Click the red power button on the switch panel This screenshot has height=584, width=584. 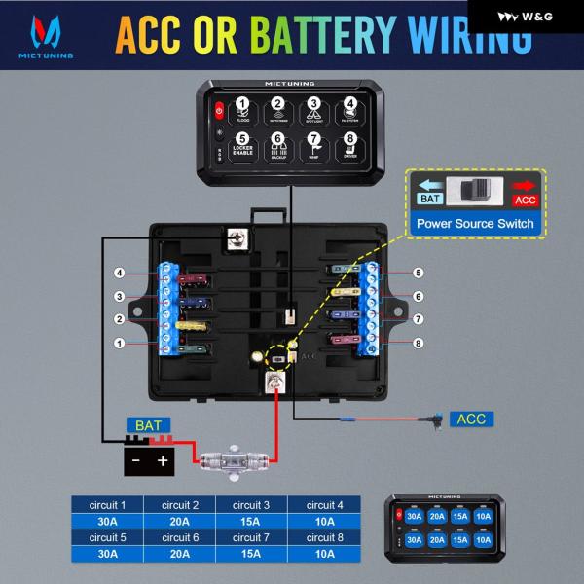coord(219,110)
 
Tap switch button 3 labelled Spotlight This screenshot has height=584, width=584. coord(313,109)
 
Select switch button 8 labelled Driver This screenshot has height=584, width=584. coord(349,145)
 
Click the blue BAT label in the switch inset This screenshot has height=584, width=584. coord(429,199)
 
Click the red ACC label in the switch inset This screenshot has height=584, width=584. coord(526,200)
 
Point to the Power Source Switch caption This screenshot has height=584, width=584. coord(475,224)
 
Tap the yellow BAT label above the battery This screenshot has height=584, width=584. coord(149,426)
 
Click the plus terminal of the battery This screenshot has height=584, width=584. coord(162,459)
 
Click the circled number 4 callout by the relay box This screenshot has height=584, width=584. coord(120,274)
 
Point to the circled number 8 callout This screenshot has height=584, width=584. coord(418,343)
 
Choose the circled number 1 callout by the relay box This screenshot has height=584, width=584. coord(120,343)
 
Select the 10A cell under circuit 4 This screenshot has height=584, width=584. coord(324,522)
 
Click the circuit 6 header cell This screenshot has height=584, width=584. coord(180,537)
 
